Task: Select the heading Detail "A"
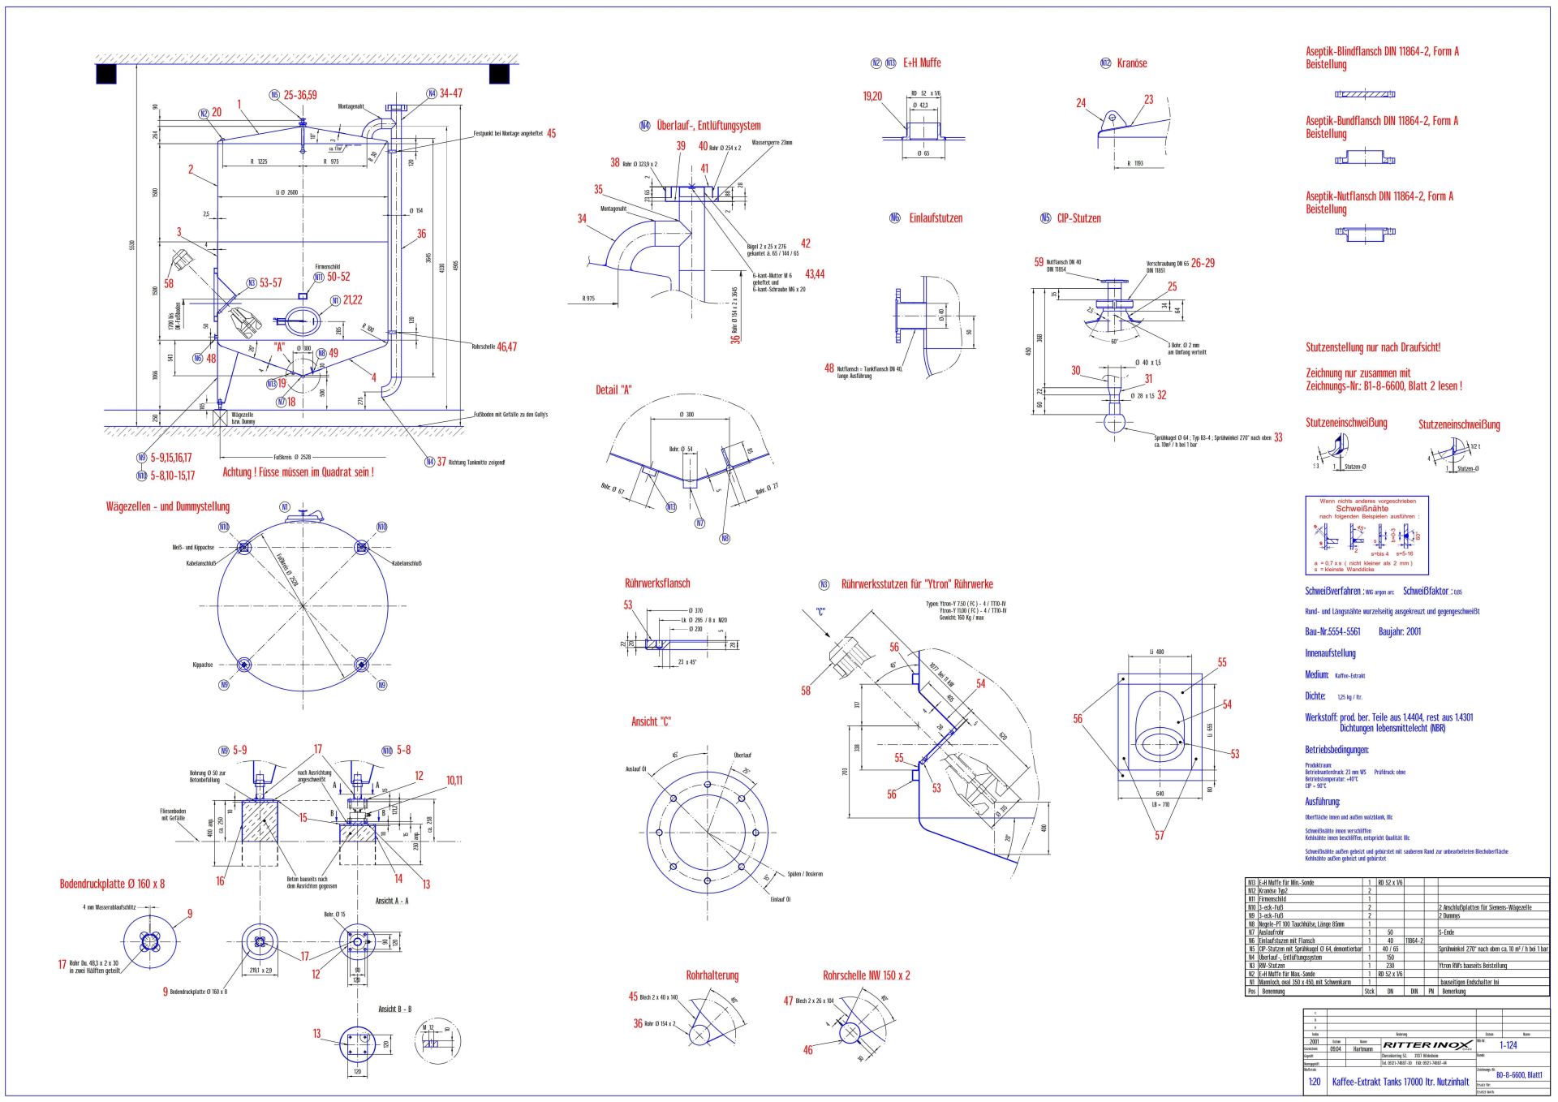tap(613, 390)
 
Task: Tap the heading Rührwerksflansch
tap(657, 583)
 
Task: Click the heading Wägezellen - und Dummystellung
tap(168, 507)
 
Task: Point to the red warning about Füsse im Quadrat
tap(298, 472)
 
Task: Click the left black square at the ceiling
tap(106, 74)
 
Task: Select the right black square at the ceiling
tap(499, 74)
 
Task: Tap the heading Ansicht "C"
tap(651, 721)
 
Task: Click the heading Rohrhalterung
tap(712, 975)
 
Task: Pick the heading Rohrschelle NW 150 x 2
tap(866, 975)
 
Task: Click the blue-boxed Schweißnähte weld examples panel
tap(1366, 536)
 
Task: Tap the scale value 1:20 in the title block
tap(1314, 1082)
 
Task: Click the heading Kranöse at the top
tap(1131, 63)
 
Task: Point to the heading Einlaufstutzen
tap(936, 218)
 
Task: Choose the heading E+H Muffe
tap(922, 63)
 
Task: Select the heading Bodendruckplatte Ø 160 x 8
tap(112, 884)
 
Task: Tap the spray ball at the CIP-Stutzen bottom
tap(1113, 422)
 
